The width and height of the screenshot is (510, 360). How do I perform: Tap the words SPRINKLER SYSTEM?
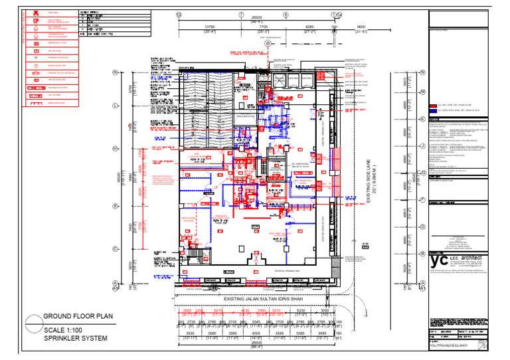[75, 338]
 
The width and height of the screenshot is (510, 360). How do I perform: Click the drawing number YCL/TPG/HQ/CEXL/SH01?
[454, 345]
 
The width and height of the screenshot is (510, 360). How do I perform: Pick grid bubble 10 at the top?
[178, 14]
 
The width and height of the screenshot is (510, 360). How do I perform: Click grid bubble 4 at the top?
[286, 14]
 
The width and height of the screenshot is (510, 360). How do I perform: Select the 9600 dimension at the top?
[361, 27]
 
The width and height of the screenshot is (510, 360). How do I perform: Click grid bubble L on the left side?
[116, 106]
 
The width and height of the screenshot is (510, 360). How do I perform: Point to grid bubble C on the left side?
[116, 250]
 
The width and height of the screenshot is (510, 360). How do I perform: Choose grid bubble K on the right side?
[422, 119]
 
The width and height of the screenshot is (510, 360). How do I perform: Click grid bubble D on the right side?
[422, 226]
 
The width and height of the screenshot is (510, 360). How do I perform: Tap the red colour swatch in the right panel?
[433, 105]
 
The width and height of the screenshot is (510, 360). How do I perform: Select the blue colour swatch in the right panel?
[433, 112]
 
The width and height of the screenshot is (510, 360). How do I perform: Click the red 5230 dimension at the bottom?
[301, 310]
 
